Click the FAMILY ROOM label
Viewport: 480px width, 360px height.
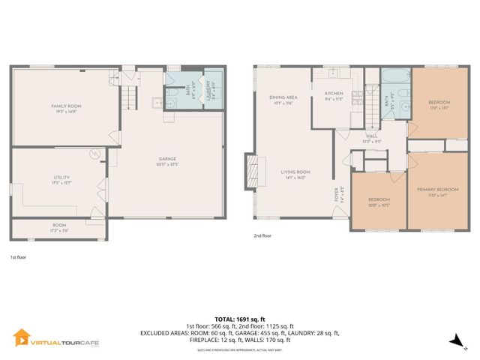66,108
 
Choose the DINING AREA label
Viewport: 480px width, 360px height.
283,99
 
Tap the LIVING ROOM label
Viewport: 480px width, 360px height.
295,174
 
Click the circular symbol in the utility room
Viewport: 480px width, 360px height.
95,154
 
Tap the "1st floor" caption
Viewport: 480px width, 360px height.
18,257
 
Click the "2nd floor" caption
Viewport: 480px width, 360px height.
262,235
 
